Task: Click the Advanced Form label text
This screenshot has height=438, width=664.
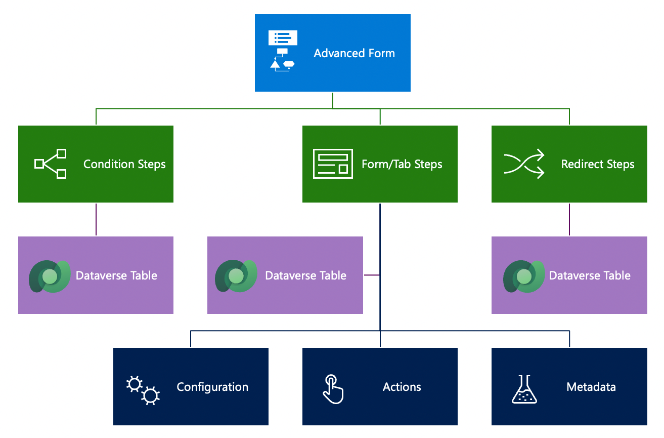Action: click(x=354, y=53)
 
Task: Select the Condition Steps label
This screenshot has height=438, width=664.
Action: click(x=124, y=164)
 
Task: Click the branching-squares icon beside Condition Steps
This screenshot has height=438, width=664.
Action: click(x=51, y=164)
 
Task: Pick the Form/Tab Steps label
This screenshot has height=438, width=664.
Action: click(x=402, y=164)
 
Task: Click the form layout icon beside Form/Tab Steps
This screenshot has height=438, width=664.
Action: click(x=333, y=164)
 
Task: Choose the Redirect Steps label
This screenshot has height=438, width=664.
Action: click(x=597, y=164)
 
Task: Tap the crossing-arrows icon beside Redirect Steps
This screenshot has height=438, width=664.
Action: click(x=524, y=164)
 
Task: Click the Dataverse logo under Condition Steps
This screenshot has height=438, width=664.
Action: click(x=49, y=276)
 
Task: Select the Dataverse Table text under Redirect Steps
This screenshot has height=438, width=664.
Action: click(x=590, y=275)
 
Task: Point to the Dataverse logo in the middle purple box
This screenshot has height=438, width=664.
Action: click(x=236, y=276)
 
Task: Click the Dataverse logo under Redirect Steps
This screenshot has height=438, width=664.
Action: click(x=523, y=276)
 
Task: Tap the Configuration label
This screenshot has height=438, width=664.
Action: click(x=212, y=387)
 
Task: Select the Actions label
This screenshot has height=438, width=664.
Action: click(x=402, y=387)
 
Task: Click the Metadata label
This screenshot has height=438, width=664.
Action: click(x=591, y=387)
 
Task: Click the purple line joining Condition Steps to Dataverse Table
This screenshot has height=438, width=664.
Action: click(x=96, y=219)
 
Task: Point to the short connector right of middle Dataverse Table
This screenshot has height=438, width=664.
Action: click(x=371, y=275)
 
